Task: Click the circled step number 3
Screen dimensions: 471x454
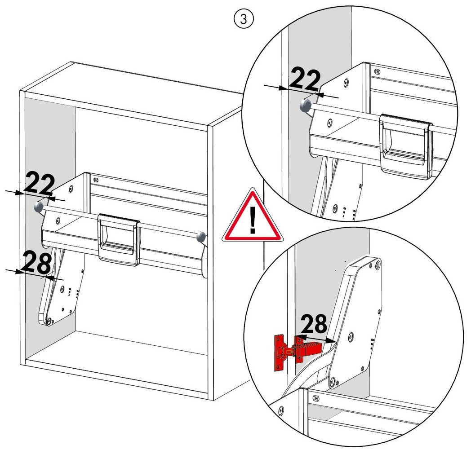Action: (x=244, y=19)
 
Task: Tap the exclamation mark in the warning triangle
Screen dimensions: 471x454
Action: (x=253, y=220)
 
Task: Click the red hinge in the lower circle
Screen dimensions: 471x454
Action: (x=298, y=352)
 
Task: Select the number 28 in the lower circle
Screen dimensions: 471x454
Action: (x=314, y=324)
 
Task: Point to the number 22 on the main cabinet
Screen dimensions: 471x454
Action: (x=39, y=183)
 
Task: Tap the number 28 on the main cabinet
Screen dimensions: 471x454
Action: (x=37, y=263)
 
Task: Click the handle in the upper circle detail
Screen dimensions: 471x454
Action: (x=405, y=145)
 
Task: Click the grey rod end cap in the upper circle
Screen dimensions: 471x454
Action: (x=305, y=105)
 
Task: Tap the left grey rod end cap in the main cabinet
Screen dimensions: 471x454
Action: (x=39, y=207)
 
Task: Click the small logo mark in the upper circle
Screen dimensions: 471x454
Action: (x=377, y=72)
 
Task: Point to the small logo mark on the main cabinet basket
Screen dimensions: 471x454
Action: (x=96, y=180)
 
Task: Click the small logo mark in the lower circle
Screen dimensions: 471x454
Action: (x=315, y=398)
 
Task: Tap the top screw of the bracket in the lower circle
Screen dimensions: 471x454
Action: (x=378, y=265)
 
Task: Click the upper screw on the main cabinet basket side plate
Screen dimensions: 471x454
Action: (x=71, y=189)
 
